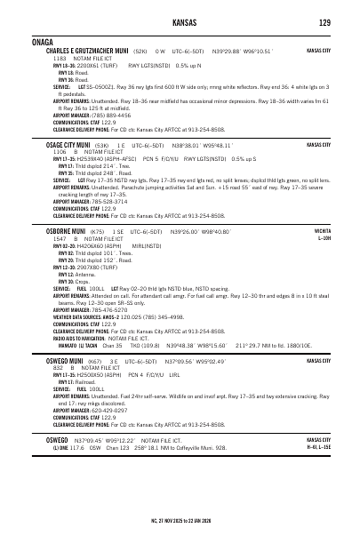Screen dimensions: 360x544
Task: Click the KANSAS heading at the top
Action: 180,23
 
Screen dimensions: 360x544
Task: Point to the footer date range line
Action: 180,519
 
